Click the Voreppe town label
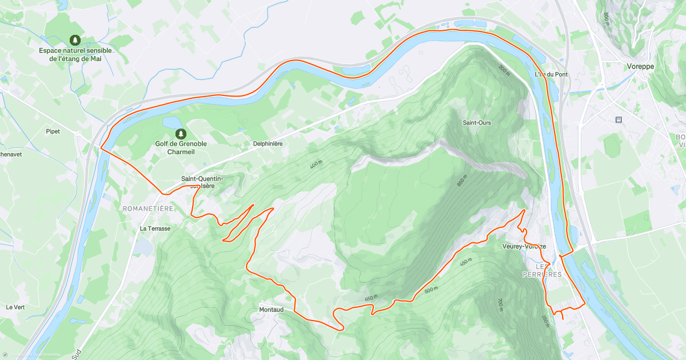[x=640, y=66]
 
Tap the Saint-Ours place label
[x=477, y=123]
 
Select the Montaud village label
[x=271, y=310]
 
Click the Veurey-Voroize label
[x=524, y=246]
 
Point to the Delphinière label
[x=268, y=144]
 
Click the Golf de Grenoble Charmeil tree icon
[x=181, y=133]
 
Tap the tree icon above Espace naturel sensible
[x=75, y=40]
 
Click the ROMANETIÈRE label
[x=147, y=209]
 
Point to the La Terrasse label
[x=155, y=228]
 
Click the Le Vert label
[x=15, y=307]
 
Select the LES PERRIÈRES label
[x=542, y=270]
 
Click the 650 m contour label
[x=372, y=298]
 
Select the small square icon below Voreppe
[x=618, y=119]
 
